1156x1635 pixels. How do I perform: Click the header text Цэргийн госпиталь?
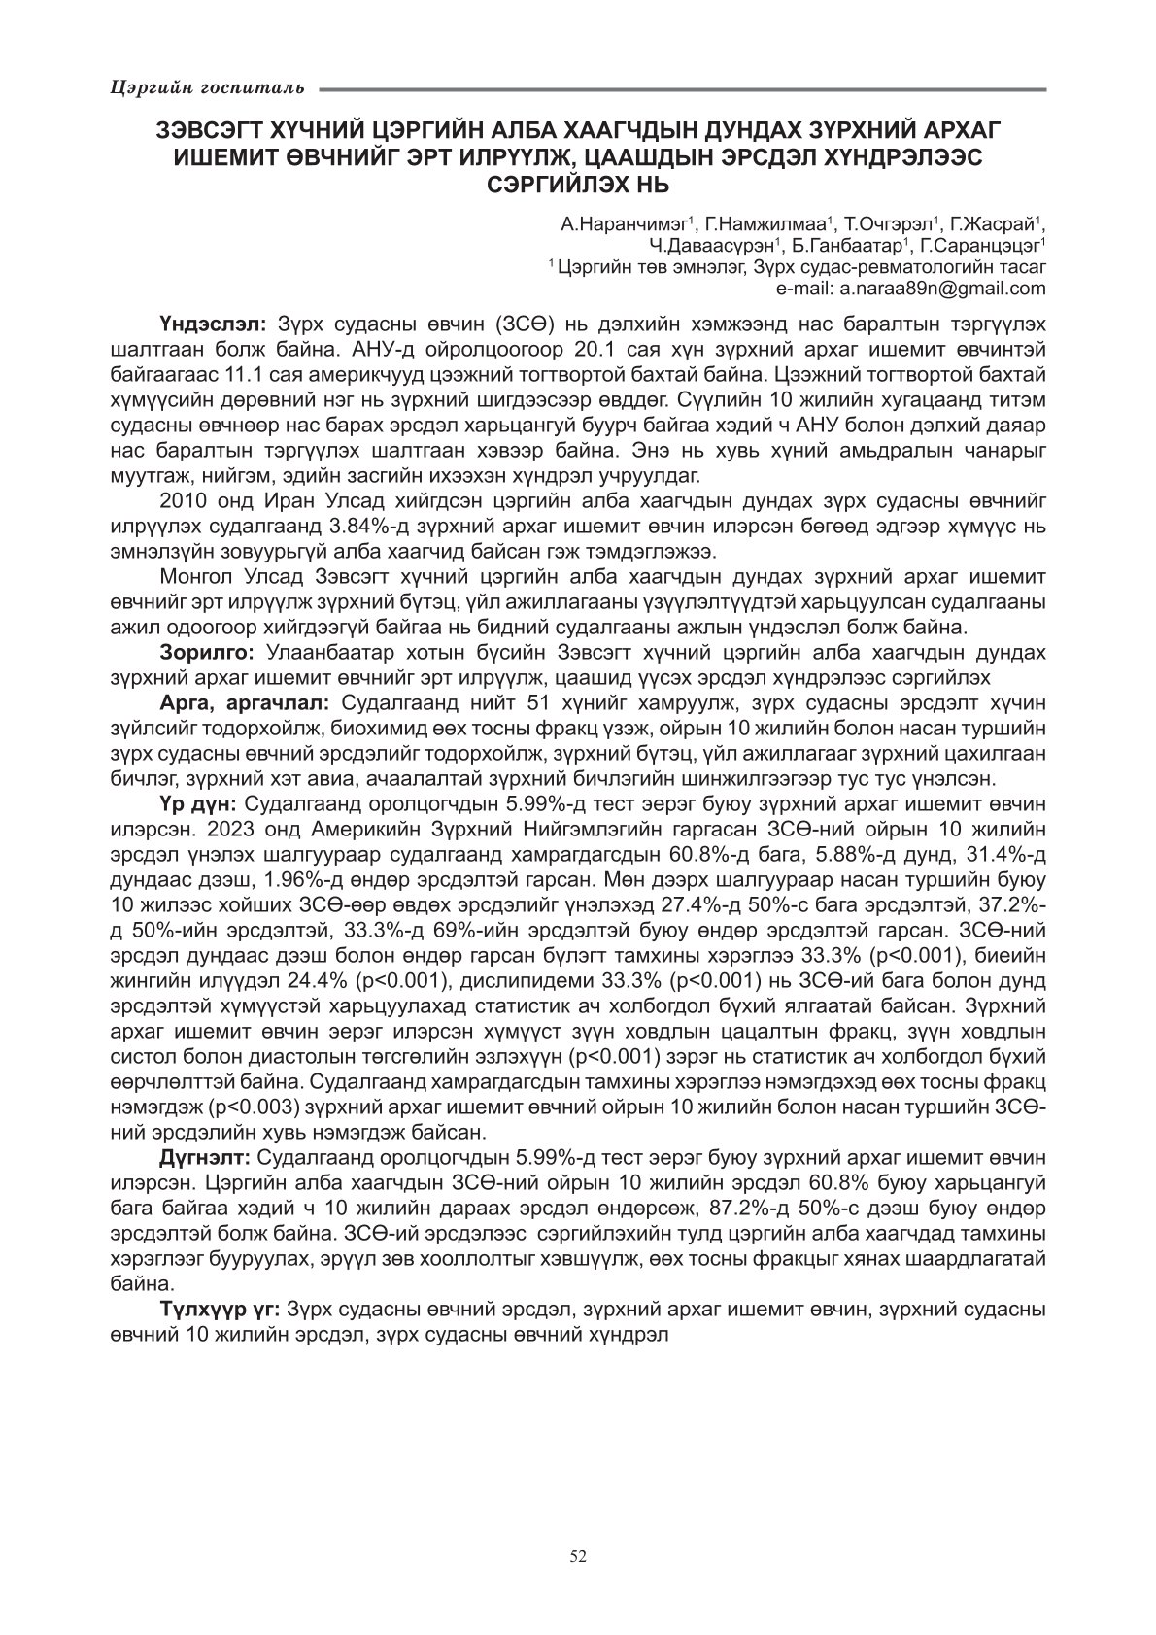pos(207,88)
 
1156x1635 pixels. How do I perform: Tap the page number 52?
pos(578,1556)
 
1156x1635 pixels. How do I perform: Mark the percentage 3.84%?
pos(403,527)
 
